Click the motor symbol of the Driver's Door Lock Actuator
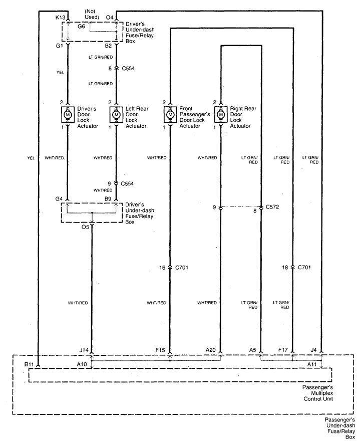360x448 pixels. tap(68, 114)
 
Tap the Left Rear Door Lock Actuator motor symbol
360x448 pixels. tap(116, 114)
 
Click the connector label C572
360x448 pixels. tap(273, 206)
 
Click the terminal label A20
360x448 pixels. tap(210, 350)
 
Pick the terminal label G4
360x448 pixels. tap(59, 199)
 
